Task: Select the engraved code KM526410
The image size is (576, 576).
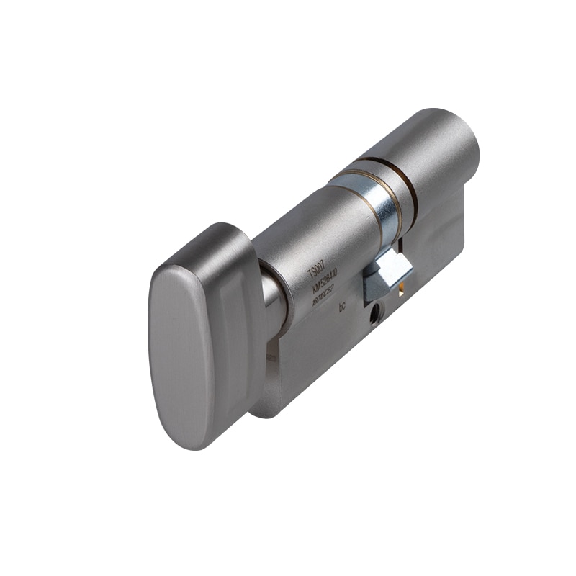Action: pyautogui.click(x=328, y=282)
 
